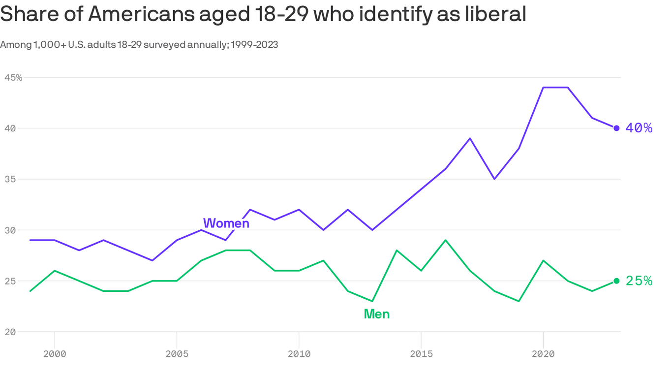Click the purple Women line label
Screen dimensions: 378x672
[226, 223]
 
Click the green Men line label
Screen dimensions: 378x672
[376, 314]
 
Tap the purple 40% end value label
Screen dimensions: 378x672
[639, 128]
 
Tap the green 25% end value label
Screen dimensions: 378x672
[639, 281]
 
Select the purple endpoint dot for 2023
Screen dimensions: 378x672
[616, 128]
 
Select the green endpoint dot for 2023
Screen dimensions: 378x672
[616, 281]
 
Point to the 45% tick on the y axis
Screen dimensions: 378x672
[13, 77]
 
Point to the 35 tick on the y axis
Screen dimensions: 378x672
[9, 179]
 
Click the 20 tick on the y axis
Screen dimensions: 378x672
[9, 332]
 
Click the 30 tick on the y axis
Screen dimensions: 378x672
[9, 230]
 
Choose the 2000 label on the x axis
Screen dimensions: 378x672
[54, 354]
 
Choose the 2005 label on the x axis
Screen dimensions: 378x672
[177, 354]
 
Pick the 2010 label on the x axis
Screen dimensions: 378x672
[299, 354]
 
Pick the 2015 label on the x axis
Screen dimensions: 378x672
[421, 354]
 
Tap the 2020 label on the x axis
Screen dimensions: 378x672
[543, 354]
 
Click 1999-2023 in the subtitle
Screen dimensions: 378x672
[254, 45]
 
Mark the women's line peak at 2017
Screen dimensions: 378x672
[470, 138]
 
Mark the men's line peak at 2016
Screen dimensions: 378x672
[445, 240]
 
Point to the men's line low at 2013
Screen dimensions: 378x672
[372, 301]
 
